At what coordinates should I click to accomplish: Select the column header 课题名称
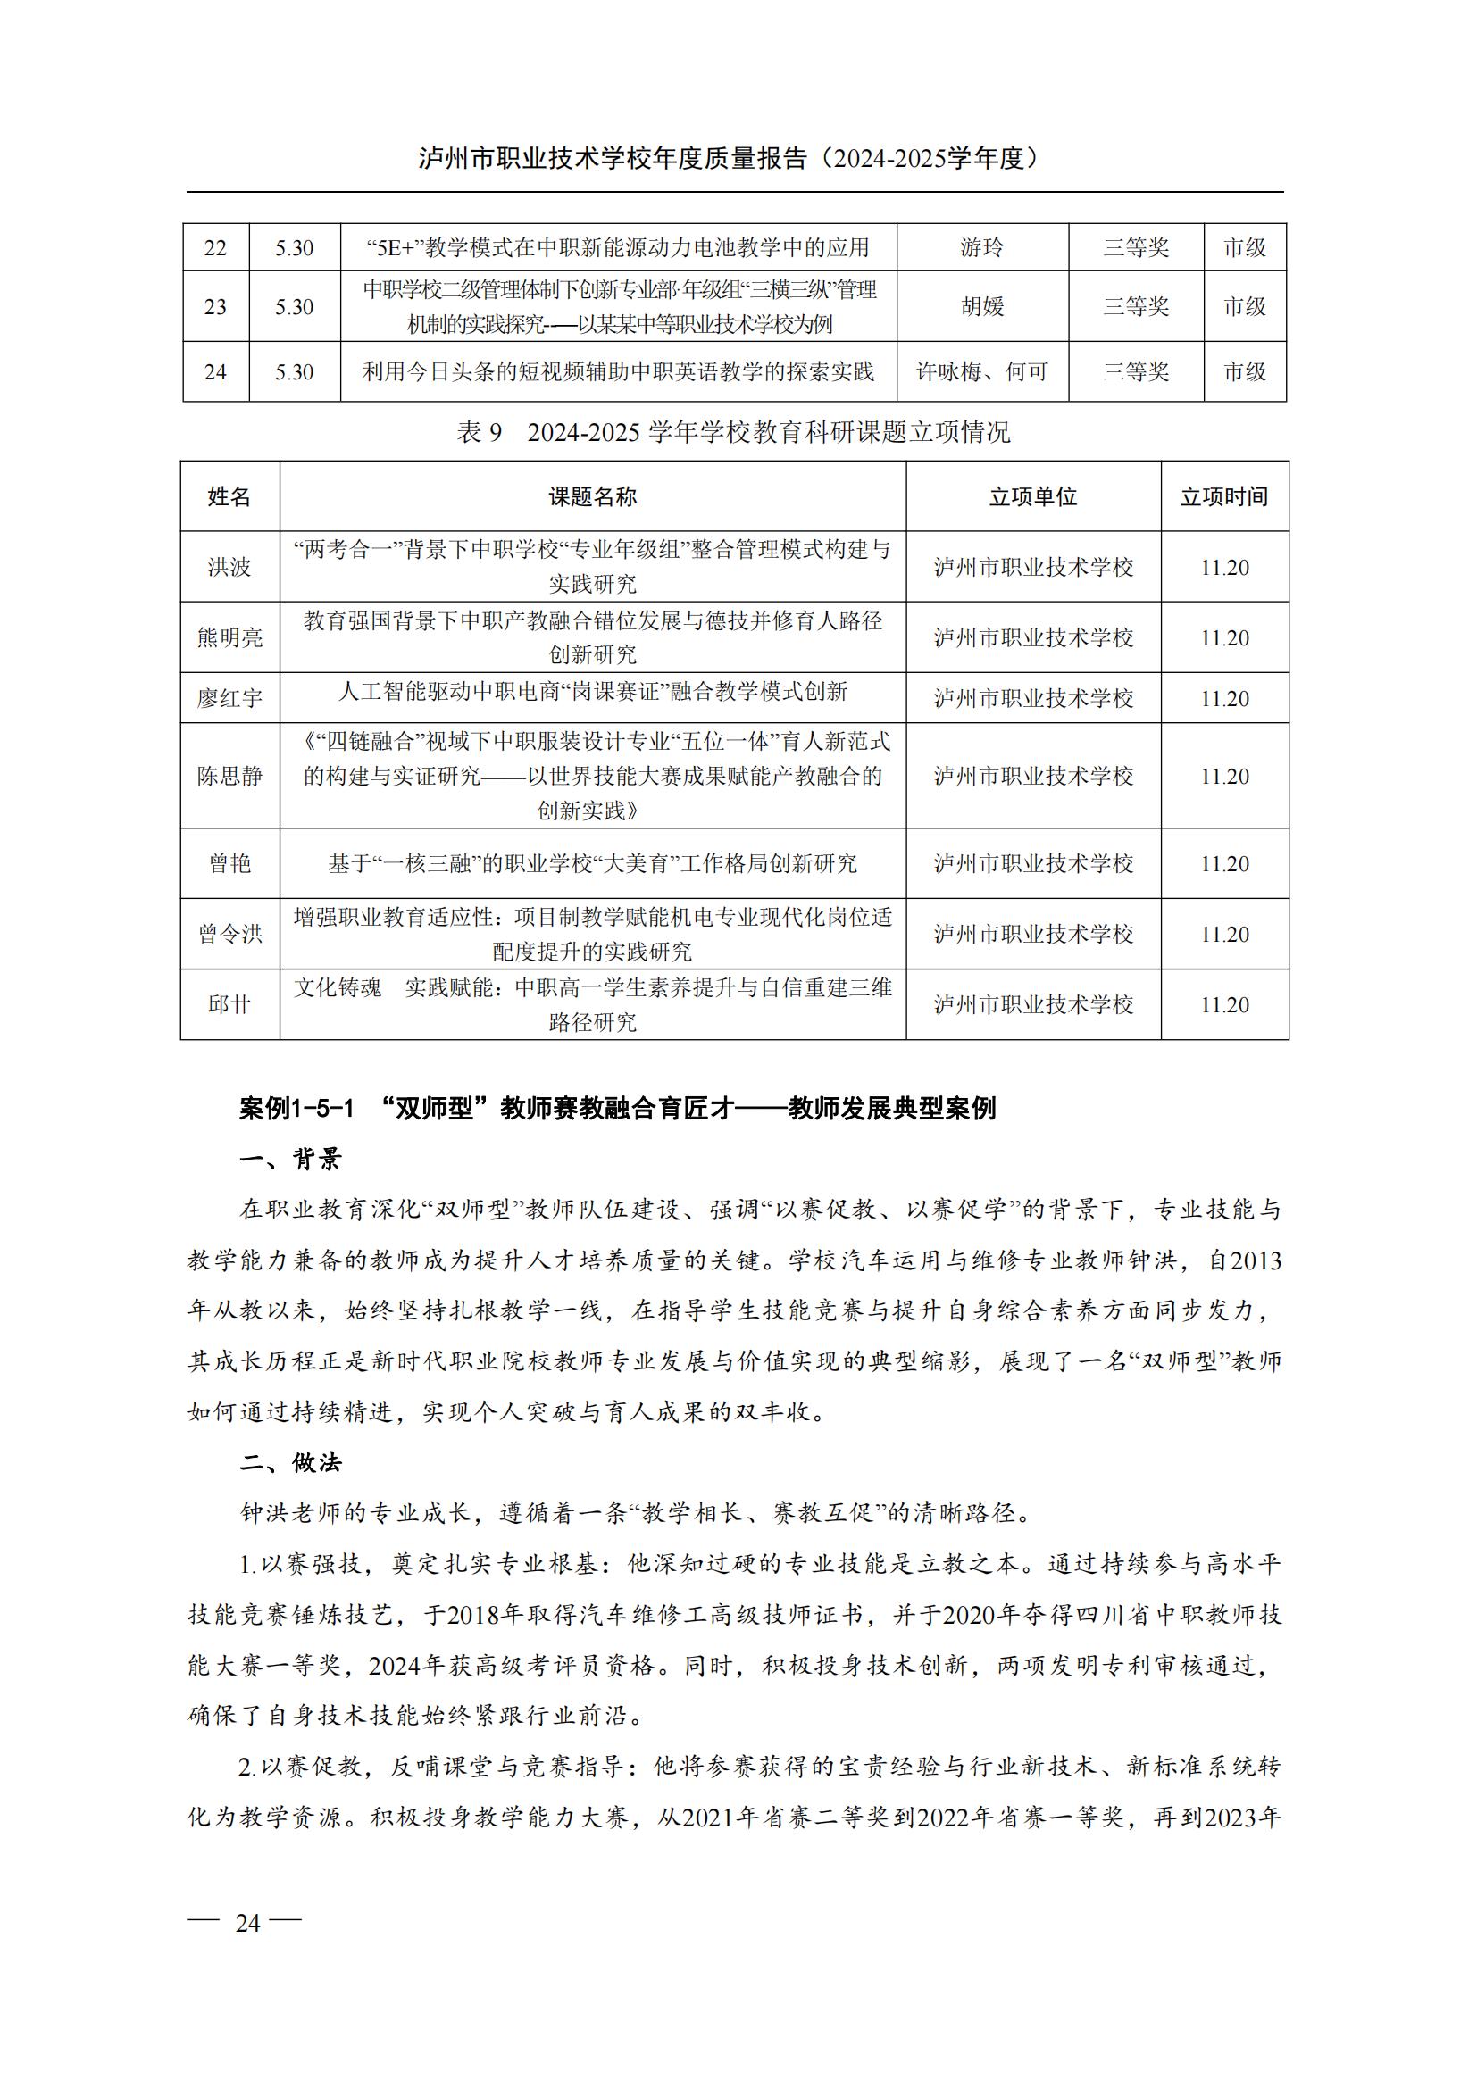592,496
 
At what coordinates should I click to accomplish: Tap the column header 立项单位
1033,496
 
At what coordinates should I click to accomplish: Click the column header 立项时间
1224,496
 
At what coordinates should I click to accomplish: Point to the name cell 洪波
229,568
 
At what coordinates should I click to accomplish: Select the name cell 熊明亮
229,637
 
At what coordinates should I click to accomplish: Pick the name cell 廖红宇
229,698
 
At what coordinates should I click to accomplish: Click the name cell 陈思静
229,776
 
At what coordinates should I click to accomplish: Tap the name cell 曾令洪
229,934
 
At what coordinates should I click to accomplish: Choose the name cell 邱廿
229,1005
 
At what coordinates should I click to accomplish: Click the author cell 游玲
982,247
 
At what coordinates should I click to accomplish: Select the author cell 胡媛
982,306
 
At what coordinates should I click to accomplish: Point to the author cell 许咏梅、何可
982,372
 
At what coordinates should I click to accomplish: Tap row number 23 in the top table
215,306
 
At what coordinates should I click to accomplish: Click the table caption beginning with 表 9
733,432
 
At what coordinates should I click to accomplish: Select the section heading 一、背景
291,1160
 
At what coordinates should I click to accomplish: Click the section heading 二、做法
291,1463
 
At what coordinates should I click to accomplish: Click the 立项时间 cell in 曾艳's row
1224,864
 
